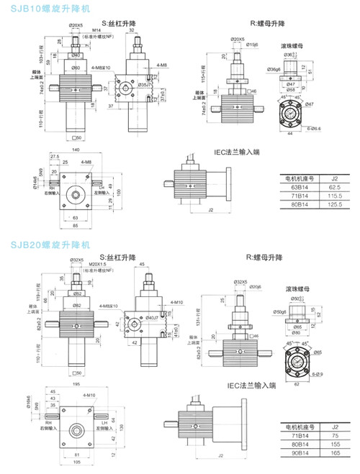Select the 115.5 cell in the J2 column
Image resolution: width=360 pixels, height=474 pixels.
[x=333, y=195]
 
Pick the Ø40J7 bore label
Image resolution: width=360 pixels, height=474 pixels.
[x=152, y=316]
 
